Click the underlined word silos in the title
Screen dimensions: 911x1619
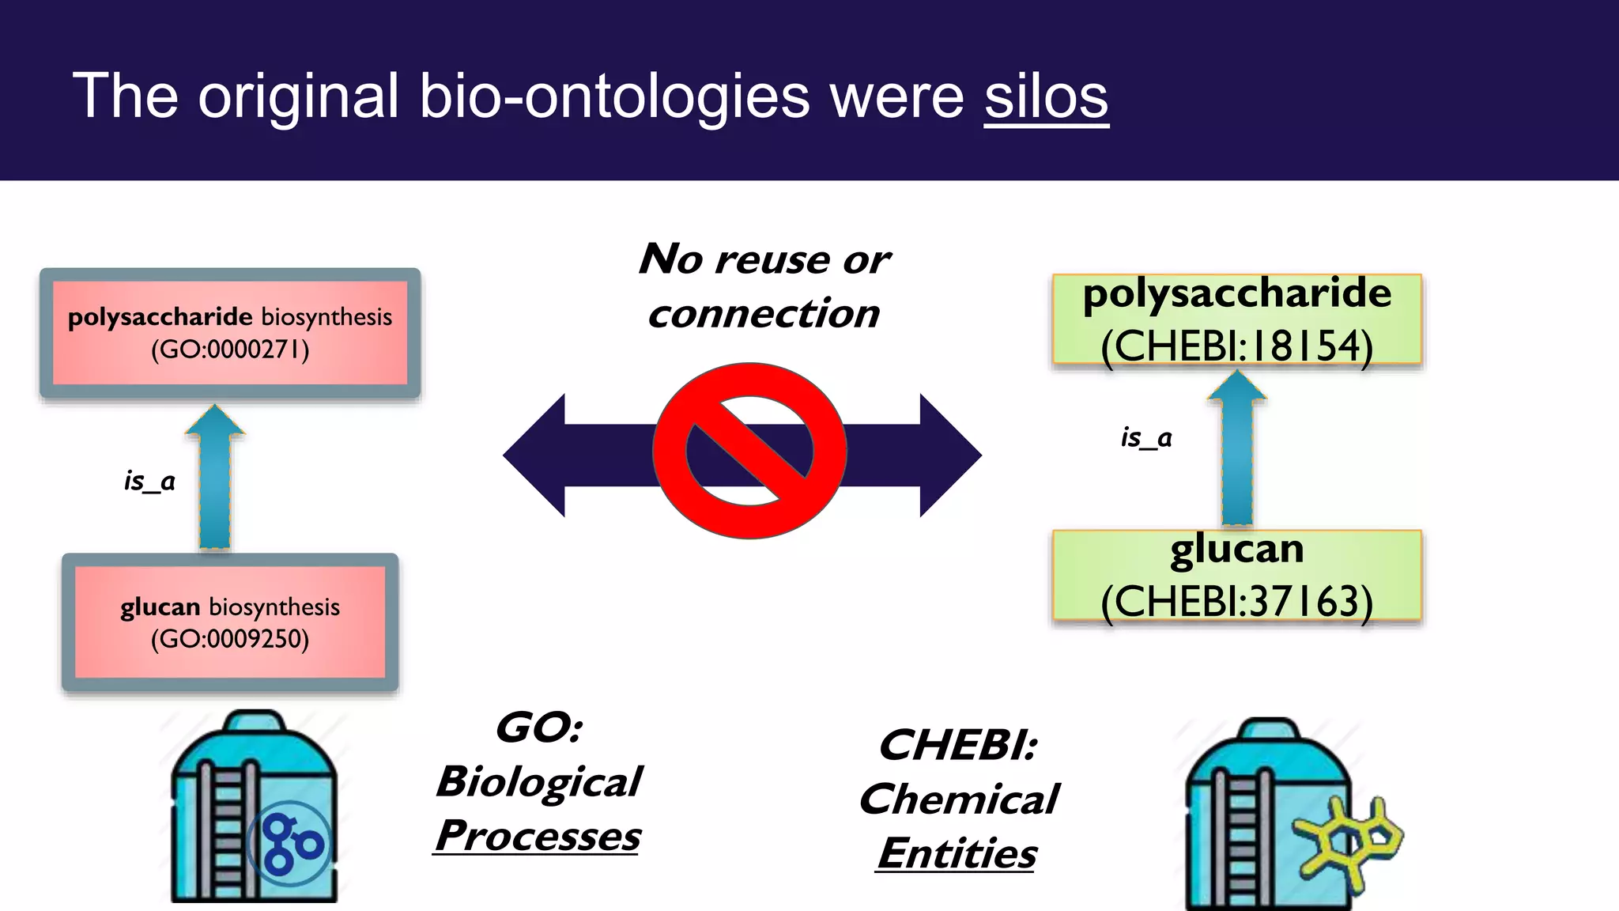[x=1046, y=96]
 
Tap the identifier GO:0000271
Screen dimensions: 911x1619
[x=230, y=350]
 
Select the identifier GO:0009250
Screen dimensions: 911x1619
[x=230, y=639]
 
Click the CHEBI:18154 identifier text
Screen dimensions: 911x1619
[x=1236, y=346]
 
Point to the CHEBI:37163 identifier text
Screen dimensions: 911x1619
[x=1236, y=602]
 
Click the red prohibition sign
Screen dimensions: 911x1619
[x=749, y=451]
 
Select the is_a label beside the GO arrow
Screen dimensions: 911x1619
[x=149, y=480]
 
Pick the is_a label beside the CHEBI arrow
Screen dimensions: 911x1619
[x=1146, y=437]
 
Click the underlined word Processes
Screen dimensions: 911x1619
[x=538, y=836]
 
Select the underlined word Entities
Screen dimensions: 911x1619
[x=957, y=853]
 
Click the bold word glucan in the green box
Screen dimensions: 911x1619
[x=1236, y=549]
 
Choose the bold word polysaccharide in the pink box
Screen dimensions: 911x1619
[x=160, y=317]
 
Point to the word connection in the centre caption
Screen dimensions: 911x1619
[x=764, y=313]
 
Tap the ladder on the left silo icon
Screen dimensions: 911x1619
[x=227, y=830]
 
